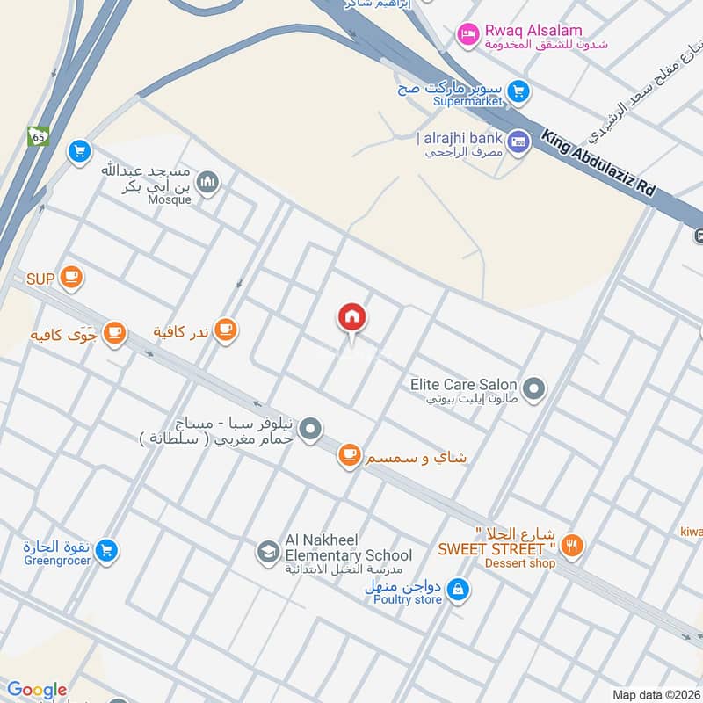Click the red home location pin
point(352,317)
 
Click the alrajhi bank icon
point(519,141)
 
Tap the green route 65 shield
point(38,136)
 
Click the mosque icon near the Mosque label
point(208,183)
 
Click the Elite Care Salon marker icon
point(533,387)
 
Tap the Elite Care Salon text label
point(463,385)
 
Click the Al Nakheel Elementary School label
point(348,548)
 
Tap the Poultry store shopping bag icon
point(457,591)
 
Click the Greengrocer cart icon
point(107,551)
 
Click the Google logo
point(37,690)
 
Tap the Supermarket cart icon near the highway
point(518,90)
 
